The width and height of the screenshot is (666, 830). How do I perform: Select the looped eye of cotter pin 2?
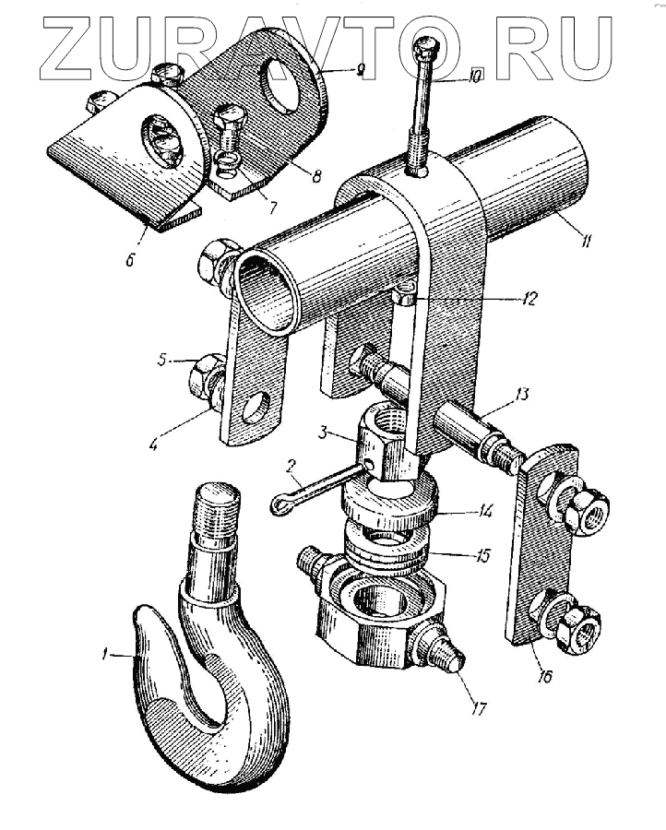(280, 504)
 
